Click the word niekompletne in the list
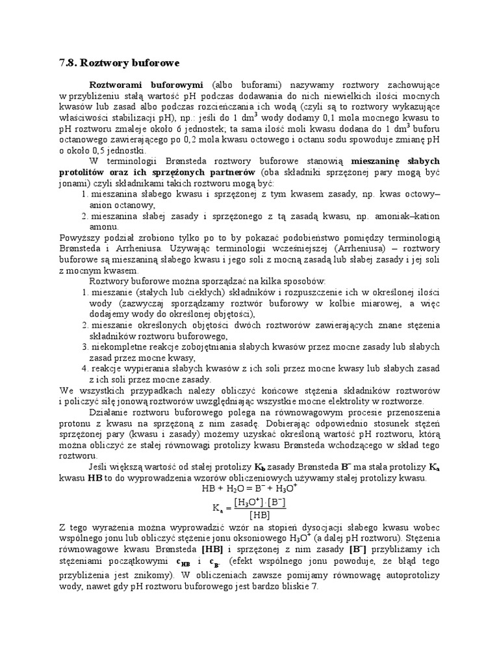[121, 347]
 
